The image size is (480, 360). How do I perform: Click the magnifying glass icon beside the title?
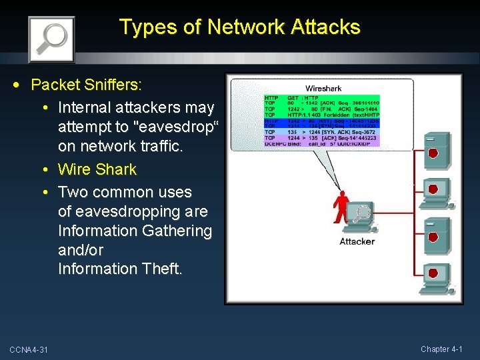coord(51,39)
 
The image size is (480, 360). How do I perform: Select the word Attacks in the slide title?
coord(325,27)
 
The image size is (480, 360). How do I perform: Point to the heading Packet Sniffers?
coord(87,85)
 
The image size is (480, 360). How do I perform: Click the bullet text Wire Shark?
coord(97,169)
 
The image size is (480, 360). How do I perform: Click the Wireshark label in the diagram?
coord(323,89)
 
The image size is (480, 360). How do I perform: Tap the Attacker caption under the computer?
coord(357,241)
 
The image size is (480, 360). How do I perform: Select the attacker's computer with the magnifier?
coord(363,215)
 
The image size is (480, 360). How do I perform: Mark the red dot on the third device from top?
coord(433,237)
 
